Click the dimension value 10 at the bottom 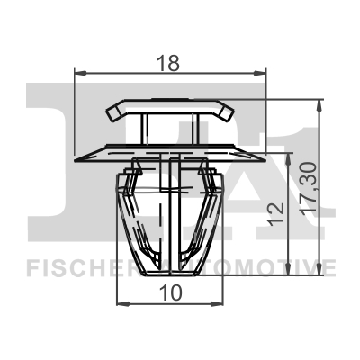click(x=170, y=292)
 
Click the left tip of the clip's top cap click(x=109, y=112)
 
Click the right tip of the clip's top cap click(x=231, y=112)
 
